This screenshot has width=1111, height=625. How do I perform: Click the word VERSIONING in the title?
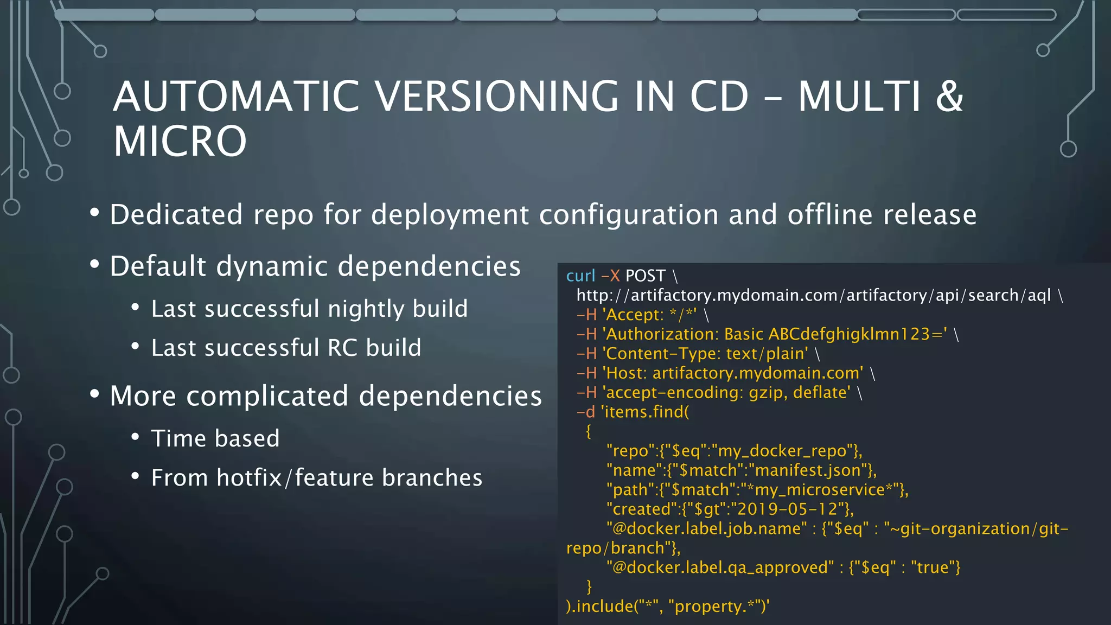coord(496,97)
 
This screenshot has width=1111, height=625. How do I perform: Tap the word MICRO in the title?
coord(180,141)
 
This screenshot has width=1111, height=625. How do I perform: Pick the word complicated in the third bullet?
coord(267,396)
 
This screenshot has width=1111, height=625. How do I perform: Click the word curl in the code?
coord(580,276)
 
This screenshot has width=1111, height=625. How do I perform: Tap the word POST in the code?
coord(645,276)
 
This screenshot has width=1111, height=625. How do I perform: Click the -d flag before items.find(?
coord(586,412)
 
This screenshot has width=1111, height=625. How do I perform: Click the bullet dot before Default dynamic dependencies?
coord(95,265)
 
